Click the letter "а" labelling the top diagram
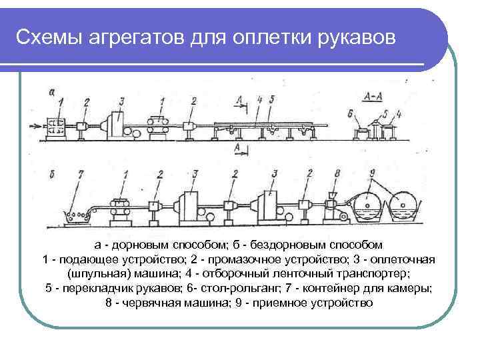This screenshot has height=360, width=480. tap(52, 91)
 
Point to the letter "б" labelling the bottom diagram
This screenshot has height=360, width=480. tap(53, 175)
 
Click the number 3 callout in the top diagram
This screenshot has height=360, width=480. tap(121, 102)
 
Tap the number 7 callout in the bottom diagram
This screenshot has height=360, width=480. tap(81, 175)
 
